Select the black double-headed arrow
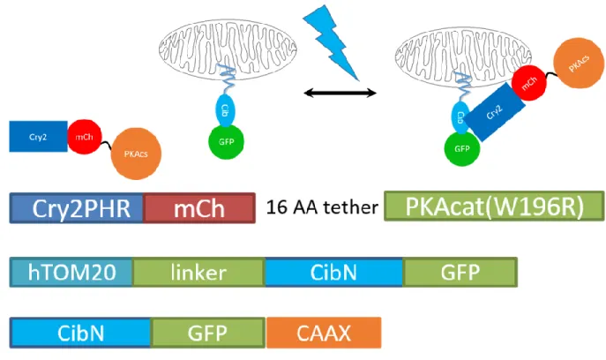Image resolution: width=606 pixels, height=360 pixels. [340, 93]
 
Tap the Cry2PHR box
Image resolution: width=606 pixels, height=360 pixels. [77, 208]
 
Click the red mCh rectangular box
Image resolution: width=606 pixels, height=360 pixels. [199, 208]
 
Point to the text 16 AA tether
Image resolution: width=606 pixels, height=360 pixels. [322, 207]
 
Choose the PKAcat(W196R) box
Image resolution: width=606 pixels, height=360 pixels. [494, 206]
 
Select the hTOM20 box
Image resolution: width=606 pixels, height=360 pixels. [71, 273]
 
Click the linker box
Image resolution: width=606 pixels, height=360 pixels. [198, 273]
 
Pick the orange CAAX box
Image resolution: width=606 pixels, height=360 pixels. [324, 333]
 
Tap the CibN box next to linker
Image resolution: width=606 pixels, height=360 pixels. [334, 273]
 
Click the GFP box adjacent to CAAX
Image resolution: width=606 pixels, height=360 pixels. [208, 333]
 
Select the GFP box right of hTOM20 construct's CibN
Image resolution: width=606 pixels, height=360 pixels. [460, 273]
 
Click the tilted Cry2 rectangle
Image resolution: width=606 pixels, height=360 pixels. [495, 112]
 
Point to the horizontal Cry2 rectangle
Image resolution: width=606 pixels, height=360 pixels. [38, 137]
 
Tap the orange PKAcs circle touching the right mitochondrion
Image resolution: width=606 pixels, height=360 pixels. [579, 63]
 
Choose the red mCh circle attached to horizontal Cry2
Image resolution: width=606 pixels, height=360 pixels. [85, 137]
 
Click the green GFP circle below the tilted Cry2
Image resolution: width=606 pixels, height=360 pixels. [462, 149]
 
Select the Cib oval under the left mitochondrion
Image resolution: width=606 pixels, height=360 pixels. [225, 110]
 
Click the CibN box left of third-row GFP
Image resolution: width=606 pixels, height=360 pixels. [80, 333]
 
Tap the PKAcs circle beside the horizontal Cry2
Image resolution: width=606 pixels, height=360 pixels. [136, 154]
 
